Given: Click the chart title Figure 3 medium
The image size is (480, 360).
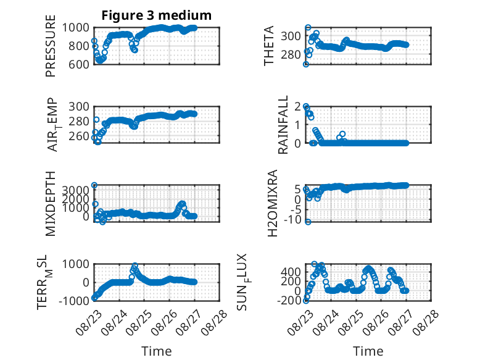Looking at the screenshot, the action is [x=157, y=15].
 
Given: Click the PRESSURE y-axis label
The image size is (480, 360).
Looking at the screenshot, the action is [x=51, y=46].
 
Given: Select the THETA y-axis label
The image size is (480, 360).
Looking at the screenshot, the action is [x=268, y=46].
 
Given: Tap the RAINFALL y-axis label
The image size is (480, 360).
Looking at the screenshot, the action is [x=283, y=125].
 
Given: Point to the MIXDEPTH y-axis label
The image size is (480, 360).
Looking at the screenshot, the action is [x=51, y=204].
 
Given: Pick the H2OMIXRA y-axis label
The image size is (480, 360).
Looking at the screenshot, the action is [x=272, y=203].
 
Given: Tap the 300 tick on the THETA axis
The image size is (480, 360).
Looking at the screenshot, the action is [x=291, y=36].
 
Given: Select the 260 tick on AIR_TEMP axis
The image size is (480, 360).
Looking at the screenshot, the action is [x=79, y=136].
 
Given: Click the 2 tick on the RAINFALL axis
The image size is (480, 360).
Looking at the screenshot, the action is [x=297, y=106].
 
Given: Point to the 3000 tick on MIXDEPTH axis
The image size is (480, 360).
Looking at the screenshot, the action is [x=76, y=190].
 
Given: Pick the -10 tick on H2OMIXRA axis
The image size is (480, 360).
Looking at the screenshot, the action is [x=292, y=220].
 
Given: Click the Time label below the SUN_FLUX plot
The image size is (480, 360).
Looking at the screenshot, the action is [x=368, y=351].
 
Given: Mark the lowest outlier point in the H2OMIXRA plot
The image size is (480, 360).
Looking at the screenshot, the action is [x=308, y=222].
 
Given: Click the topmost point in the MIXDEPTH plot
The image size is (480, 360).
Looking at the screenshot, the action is [x=94, y=185].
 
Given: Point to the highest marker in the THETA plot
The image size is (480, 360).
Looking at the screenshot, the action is [x=308, y=28].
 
